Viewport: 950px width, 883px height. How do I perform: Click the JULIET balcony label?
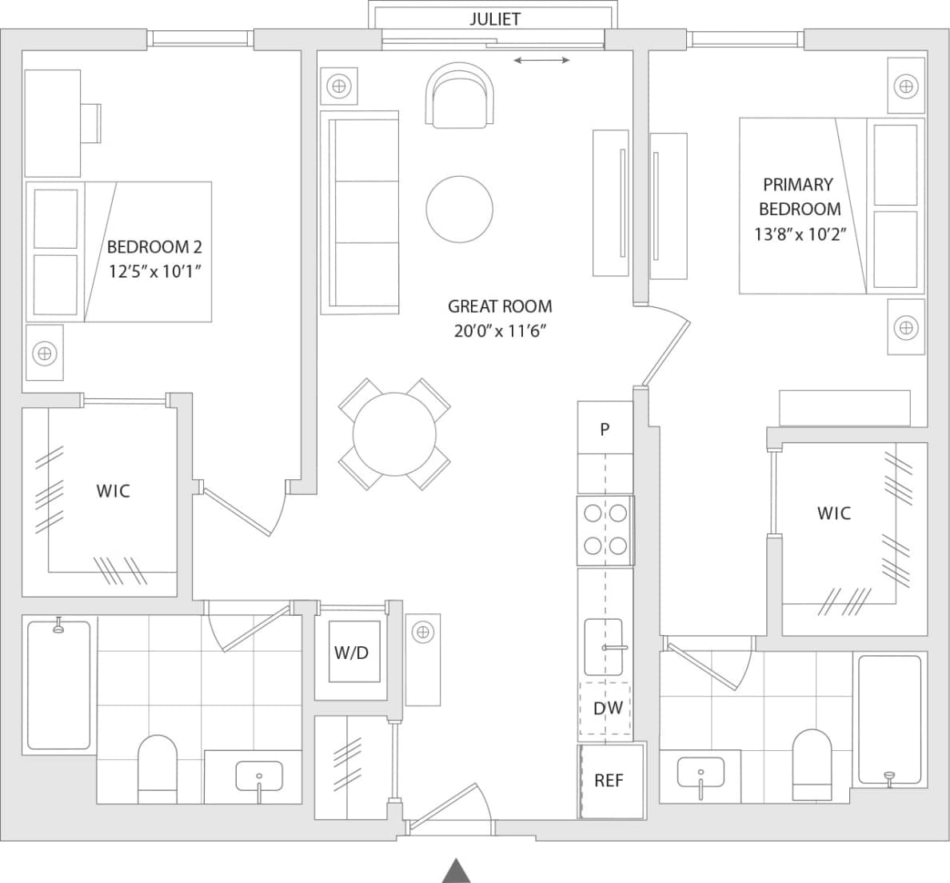click(494, 19)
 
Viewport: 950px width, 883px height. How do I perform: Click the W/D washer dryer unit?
click(351, 652)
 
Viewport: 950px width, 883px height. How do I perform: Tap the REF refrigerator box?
click(610, 781)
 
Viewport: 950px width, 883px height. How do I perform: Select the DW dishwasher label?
click(608, 708)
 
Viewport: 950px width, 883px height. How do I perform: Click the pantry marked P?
click(605, 429)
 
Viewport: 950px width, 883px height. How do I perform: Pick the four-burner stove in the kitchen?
click(605, 529)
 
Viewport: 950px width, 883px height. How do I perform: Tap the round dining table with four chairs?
click(394, 434)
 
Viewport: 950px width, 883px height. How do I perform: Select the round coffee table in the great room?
click(459, 210)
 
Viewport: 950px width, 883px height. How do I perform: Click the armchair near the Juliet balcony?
click(460, 98)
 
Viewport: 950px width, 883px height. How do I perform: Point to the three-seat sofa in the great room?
click(359, 213)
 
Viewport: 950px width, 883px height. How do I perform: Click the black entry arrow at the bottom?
click(455, 870)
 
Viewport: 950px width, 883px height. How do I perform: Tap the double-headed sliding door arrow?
click(541, 60)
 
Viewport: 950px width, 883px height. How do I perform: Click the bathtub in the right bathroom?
click(888, 720)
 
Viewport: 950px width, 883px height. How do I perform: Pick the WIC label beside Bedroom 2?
click(113, 491)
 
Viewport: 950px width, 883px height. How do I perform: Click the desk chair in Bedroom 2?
click(90, 123)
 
